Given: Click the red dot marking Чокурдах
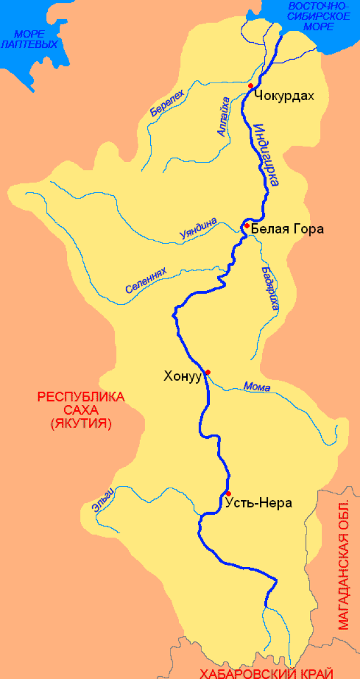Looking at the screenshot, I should tap(251, 86).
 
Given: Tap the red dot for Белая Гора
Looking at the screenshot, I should tap(246, 226).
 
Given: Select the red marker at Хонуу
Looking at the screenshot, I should tap(208, 372).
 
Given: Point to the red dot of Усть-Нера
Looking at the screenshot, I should tap(228, 493).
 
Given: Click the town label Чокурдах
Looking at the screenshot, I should tap(284, 95).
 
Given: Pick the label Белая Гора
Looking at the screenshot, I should tap(287, 229).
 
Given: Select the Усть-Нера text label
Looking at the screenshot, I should tap(258, 503).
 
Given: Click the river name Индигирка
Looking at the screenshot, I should tap(265, 155).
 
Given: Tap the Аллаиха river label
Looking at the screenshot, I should tap(223, 116).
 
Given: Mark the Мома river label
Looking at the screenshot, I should tap(256, 387).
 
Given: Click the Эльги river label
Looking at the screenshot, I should tap(103, 498).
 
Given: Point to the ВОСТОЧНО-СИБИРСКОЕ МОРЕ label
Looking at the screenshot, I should tap(319, 16).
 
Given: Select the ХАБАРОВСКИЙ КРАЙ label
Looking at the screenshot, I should tap(267, 673).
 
